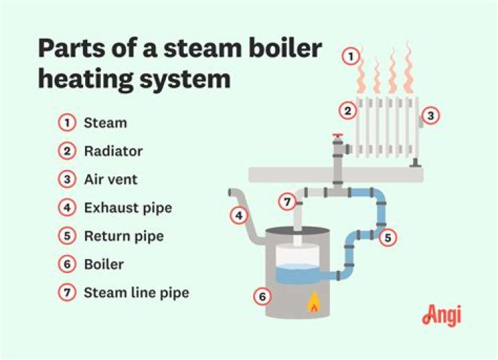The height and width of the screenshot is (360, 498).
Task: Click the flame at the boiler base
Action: point(313,302)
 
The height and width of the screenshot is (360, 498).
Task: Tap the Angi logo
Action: point(441,314)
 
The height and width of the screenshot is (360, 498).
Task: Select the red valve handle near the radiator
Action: point(338,135)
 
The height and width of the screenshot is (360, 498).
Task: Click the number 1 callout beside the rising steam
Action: point(351,57)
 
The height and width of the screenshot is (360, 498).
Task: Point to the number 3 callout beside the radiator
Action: point(430,116)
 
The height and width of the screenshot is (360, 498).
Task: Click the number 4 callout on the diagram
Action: point(239,216)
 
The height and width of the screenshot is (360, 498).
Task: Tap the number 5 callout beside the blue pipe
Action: point(388,237)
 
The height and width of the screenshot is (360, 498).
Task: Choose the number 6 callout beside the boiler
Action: point(261,297)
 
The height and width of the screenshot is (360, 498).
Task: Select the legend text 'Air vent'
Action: point(111,180)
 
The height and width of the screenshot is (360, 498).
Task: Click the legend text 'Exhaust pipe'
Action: point(128,207)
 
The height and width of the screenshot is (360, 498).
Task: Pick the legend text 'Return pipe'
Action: point(124,236)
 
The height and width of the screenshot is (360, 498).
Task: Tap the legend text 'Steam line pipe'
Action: point(136,293)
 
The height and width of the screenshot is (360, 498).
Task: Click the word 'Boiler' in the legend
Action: point(104,265)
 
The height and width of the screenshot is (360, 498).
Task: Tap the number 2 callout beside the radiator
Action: point(348,110)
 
